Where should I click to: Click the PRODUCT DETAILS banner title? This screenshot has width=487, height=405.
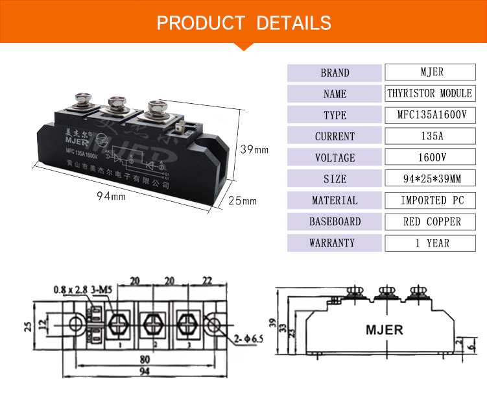(244, 23)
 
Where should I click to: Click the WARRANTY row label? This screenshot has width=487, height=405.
(335, 243)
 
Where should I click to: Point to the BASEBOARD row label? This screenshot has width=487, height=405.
(335, 222)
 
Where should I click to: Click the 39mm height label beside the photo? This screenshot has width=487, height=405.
(254, 150)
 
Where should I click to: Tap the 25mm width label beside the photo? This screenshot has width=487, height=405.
(243, 201)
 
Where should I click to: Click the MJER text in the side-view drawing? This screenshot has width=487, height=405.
(384, 330)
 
